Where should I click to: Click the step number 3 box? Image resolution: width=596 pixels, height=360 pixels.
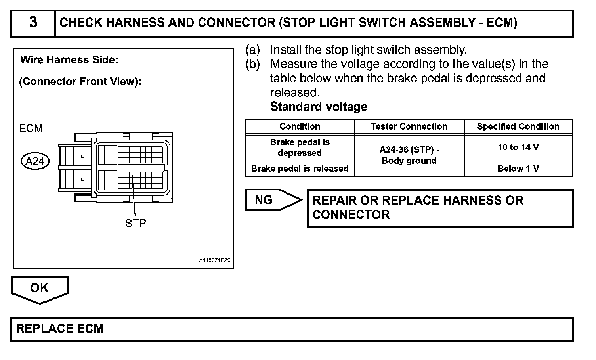(33, 23)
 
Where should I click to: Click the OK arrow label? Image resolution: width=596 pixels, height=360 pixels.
(39, 288)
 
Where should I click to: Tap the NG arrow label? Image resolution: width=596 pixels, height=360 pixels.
(264, 200)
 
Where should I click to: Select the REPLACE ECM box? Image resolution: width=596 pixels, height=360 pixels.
(292, 329)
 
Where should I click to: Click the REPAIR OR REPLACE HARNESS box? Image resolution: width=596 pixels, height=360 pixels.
(440, 208)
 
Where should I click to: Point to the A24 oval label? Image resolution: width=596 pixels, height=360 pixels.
(35, 161)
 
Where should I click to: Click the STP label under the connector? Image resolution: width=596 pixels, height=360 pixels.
(136, 224)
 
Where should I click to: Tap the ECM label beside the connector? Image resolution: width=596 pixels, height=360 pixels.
(31, 128)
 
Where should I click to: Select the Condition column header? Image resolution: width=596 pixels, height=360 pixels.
(300, 126)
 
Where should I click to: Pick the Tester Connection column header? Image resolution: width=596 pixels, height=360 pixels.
(409, 126)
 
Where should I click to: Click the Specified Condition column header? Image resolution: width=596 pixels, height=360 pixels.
(518, 126)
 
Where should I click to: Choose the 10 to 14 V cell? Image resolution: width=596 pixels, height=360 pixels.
(518, 147)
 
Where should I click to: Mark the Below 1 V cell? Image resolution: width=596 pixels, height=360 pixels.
(518, 169)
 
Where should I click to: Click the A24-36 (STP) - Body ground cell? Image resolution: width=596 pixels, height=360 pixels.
(409, 155)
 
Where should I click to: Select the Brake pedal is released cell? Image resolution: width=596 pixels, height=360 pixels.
(300, 169)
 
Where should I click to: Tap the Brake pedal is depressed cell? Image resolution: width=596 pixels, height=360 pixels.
(300, 147)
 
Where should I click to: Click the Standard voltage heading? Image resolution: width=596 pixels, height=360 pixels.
(319, 107)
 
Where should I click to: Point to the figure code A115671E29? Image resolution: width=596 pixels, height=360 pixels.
(214, 260)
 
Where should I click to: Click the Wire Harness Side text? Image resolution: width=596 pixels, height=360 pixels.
(69, 60)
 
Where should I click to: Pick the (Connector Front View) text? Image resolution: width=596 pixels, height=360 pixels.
(80, 82)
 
